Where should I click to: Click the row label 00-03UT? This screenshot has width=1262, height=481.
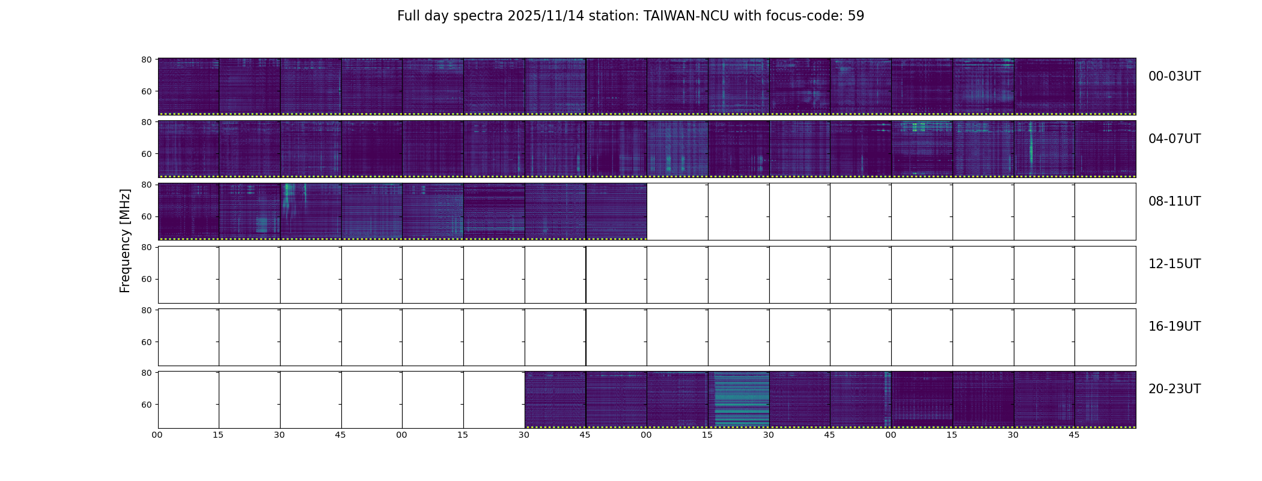[x=1174, y=76]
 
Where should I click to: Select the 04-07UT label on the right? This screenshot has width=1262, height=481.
[x=1174, y=139]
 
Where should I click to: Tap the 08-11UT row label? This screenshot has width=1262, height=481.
[x=1174, y=201]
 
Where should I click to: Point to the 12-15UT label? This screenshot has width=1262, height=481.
[x=1174, y=264]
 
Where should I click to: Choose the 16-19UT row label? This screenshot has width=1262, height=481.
[x=1174, y=326]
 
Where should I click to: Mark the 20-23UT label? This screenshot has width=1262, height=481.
[x=1174, y=389]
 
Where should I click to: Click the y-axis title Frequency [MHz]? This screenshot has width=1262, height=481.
[x=125, y=240]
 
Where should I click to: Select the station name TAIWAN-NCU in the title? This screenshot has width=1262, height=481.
[x=686, y=16]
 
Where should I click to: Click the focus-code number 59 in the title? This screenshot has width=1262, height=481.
[x=856, y=16]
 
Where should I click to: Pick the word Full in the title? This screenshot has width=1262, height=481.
[x=409, y=16]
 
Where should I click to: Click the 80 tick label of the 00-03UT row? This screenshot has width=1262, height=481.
[x=146, y=60]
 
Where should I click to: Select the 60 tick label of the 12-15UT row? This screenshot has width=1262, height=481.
[x=146, y=279]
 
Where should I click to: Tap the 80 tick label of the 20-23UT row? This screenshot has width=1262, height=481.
[x=146, y=373]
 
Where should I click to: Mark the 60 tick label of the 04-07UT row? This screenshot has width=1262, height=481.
[x=146, y=154]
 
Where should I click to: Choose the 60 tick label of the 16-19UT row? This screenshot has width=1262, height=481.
[x=146, y=342]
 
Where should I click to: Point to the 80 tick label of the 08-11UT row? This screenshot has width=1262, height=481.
[x=146, y=185]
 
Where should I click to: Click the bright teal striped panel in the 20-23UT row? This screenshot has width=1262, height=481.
[x=739, y=399]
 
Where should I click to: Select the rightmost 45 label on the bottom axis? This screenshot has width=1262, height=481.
[x=1074, y=435]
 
